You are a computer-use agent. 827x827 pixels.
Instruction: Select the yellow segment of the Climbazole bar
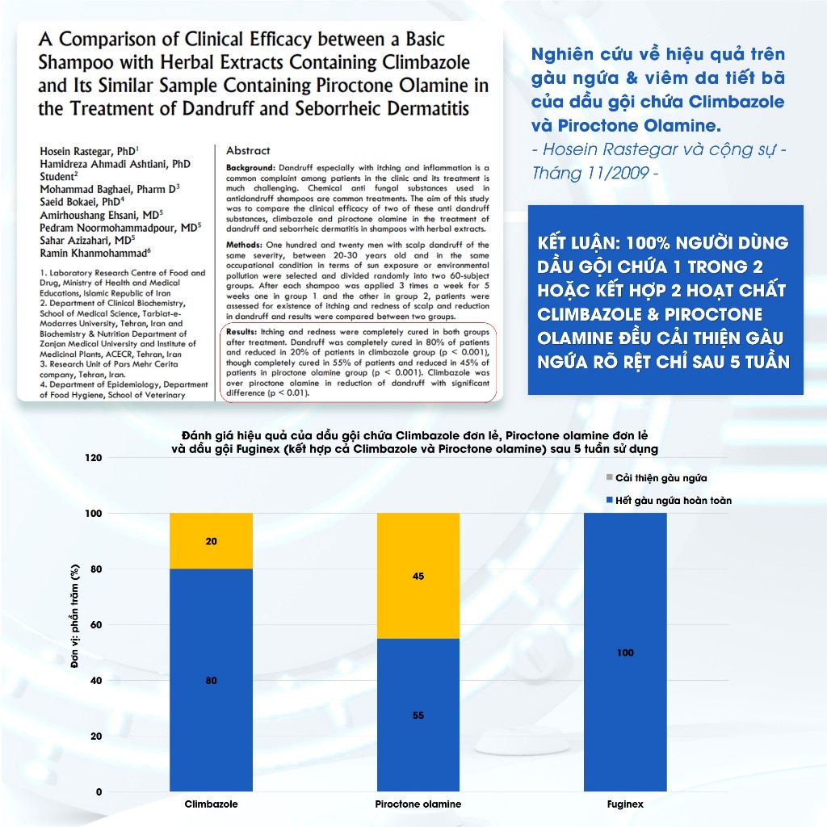tap(211, 541)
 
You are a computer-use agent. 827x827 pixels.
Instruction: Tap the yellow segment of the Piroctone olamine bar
tap(418, 576)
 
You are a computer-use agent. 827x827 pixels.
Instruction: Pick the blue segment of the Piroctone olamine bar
tap(418, 715)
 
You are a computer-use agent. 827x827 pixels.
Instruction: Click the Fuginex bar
tap(625, 653)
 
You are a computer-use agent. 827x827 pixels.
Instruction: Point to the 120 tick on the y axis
tap(94, 458)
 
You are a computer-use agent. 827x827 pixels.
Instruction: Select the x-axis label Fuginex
tap(625, 804)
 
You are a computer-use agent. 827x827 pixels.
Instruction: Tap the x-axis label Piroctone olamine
tap(418, 804)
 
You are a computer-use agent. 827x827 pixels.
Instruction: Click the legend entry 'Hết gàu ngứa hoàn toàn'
tap(673, 501)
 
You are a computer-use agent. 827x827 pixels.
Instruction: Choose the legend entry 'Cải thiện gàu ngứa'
tap(661, 478)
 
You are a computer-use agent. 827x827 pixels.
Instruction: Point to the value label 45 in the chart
tap(418, 577)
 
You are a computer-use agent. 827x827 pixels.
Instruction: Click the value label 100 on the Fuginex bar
tap(625, 653)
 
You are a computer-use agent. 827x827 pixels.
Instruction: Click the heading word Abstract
tap(248, 151)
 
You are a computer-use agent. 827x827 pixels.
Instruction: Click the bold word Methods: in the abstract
tap(246, 245)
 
